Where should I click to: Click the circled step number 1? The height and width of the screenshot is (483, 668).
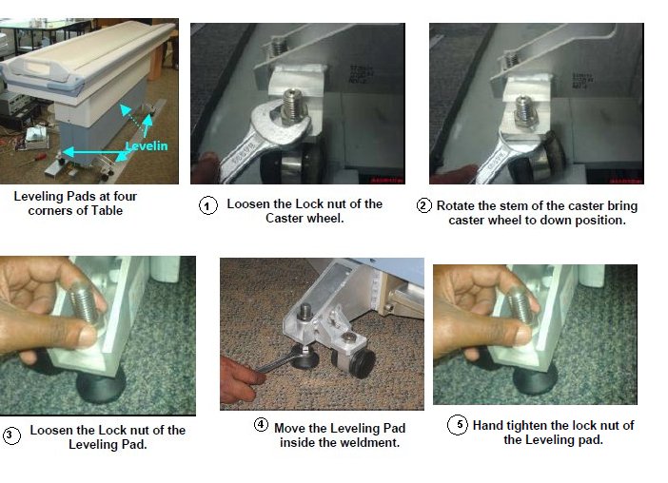tap(207, 206)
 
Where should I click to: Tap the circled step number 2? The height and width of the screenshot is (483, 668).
tap(423, 205)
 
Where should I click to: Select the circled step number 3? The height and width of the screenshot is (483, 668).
tap(11, 435)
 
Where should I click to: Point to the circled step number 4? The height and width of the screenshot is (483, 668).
tap(261, 424)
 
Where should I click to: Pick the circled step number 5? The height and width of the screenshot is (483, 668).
tap(458, 425)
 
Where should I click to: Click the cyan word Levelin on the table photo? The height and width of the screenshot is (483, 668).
tap(147, 146)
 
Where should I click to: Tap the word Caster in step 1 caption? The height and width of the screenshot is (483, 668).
tap(282, 219)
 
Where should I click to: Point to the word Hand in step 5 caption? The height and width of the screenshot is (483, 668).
tap(486, 425)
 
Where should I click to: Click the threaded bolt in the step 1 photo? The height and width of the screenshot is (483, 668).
tap(293, 106)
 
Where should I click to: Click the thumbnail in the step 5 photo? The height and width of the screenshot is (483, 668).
tap(522, 336)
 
